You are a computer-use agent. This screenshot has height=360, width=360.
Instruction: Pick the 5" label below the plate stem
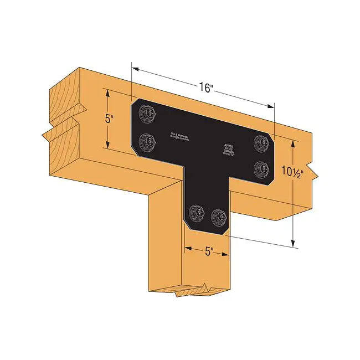click(209, 251)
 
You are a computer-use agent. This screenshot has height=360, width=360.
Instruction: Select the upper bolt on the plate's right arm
click(259, 143)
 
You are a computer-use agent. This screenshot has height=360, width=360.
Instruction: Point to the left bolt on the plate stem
click(195, 211)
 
